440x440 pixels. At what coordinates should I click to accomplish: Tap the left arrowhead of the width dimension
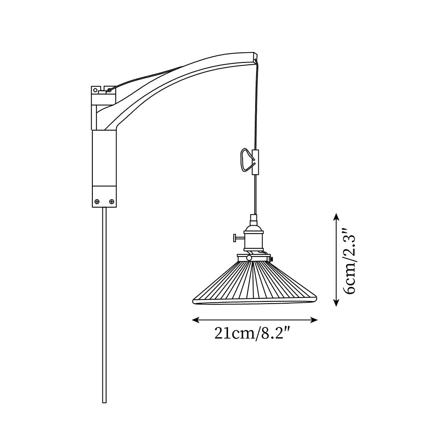tap(195, 319)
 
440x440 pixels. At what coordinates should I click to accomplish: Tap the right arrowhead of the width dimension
tap(314, 319)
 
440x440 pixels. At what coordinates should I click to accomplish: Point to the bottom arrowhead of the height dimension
tap(336, 302)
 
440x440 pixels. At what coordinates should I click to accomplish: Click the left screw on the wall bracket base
tap(97, 201)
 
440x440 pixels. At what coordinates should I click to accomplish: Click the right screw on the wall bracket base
tap(112, 201)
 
